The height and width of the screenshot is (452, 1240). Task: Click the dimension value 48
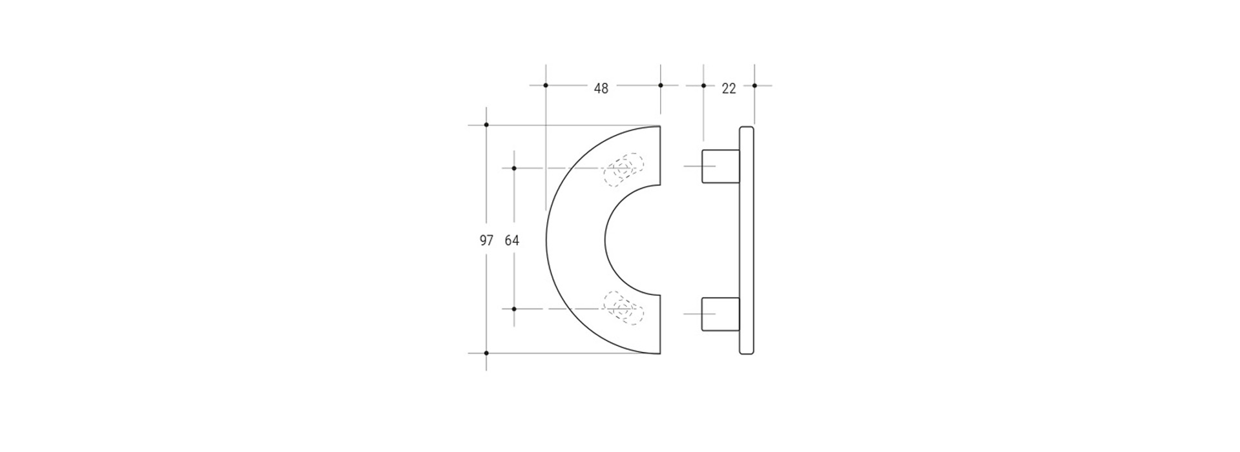pyautogui.click(x=601, y=88)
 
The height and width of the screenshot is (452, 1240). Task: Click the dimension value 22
pyautogui.click(x=728, y=88)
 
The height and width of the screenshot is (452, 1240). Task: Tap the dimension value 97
pyautogui.click(x=486, y=241)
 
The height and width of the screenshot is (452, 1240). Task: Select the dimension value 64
pyautogui.click(x=512, y=241)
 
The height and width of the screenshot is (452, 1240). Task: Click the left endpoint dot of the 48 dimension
pyautogui.click(x=546, y=85)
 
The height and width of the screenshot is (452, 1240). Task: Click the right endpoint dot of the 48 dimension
pyautogui.click(x=660, y=85)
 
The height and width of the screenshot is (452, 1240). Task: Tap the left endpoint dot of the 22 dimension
pyautogui.click(x=703, y=85)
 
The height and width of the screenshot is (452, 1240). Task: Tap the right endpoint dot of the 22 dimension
pyautogui.click(x=754, y=85)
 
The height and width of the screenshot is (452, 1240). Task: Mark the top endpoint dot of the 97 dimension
pyautogui.click(x=486, y=125)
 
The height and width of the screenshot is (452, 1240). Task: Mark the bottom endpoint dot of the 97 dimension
pyautogui.click(x=486, y=353)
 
